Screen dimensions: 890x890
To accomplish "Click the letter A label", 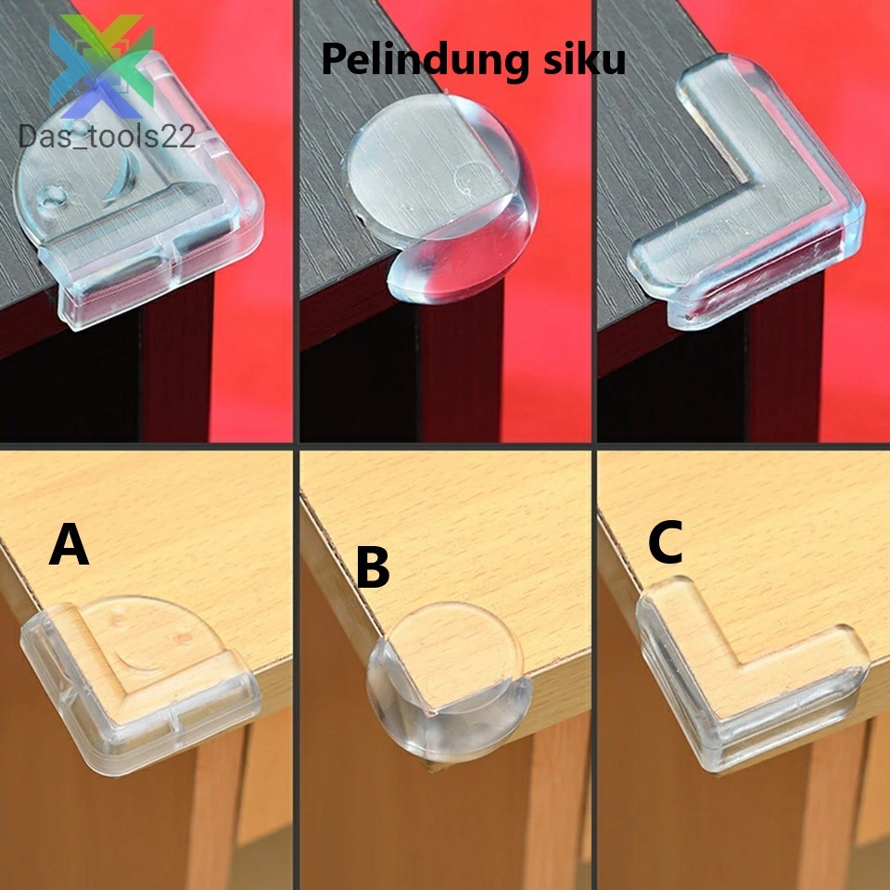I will pos(70,546).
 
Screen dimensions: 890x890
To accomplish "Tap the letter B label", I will pos(372,568).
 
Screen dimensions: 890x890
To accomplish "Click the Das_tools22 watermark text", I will pos(108,136).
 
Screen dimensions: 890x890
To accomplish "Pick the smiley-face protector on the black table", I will pos(139,213).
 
